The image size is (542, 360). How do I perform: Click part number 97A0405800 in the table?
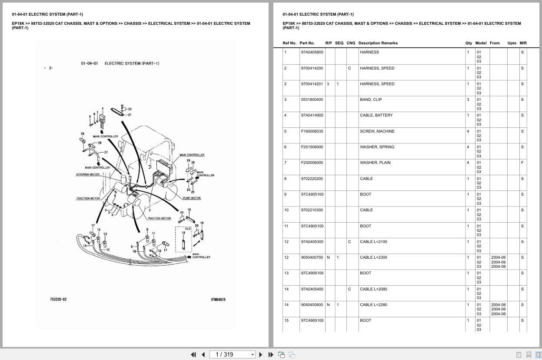pos(312,52)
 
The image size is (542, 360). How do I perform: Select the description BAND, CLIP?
pos(371,100)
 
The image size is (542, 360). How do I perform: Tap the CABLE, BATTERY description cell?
pos(376,115)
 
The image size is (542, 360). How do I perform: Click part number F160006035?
pos(312,131)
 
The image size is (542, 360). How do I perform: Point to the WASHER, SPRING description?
pos(377,147)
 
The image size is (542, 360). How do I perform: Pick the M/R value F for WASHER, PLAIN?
pos(522,163)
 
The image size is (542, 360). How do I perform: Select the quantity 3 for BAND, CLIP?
pos(468,100)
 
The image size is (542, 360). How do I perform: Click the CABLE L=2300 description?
pos(373,257)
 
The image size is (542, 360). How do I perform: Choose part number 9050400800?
pos(312,305)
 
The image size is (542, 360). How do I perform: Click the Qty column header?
pos(469,43)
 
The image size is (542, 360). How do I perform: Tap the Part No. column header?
pos(307,43)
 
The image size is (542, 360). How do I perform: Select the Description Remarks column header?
pos(378,43)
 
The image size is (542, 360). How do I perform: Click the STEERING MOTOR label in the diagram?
pos(88,174)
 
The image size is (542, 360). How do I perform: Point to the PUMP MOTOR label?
pos(192,198)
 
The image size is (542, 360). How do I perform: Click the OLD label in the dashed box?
pos(188,228)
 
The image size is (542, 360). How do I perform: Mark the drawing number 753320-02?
pos(58,299)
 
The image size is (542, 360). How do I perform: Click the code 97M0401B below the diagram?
pos(218,299)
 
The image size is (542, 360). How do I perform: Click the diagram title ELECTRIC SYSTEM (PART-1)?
pos(132,63)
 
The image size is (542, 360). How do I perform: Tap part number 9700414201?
pos(312,84)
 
